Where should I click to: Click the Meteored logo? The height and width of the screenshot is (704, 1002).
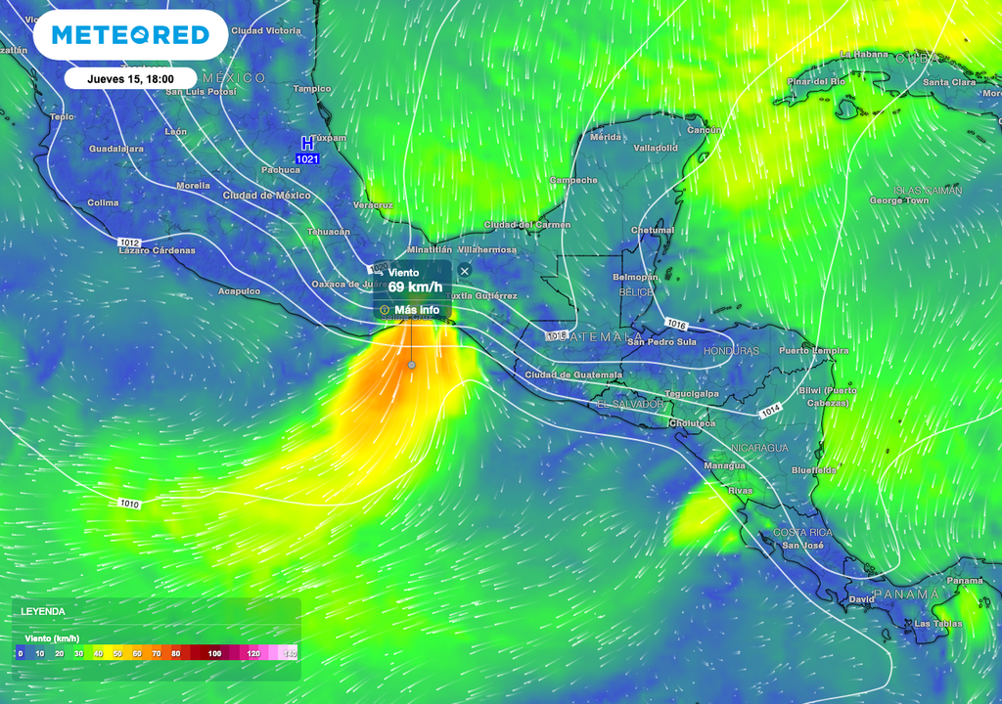[x=130, y=35]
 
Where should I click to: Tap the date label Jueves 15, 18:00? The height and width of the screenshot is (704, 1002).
[x=130, y=79]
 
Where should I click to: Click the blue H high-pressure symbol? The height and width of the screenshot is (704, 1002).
[x=307, y=144]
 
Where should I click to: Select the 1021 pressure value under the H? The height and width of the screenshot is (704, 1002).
[x=307, y=158]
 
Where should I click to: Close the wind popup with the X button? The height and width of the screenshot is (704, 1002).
[x=465, y=270]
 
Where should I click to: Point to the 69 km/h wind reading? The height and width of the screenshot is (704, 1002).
[x=415, y=287]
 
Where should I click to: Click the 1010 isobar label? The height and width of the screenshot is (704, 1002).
[x=129, y=505]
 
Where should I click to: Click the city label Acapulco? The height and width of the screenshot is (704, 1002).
[x=239, y=290]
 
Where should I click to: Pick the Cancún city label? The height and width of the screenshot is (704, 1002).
[x=705, y=130]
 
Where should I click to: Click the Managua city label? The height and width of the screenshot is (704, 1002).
[x=725, y=466]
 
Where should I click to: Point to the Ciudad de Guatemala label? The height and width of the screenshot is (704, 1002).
[x=573, y=374]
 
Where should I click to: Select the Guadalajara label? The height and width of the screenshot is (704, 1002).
[x=116, y=149]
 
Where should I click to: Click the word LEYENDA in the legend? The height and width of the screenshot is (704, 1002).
[x=44, y=611]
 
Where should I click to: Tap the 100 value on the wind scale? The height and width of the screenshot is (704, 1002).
[x=214, y=653]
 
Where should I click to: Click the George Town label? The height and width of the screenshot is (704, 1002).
[x=899, y=200]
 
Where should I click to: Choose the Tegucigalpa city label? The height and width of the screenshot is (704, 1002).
[x=693, y=394]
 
